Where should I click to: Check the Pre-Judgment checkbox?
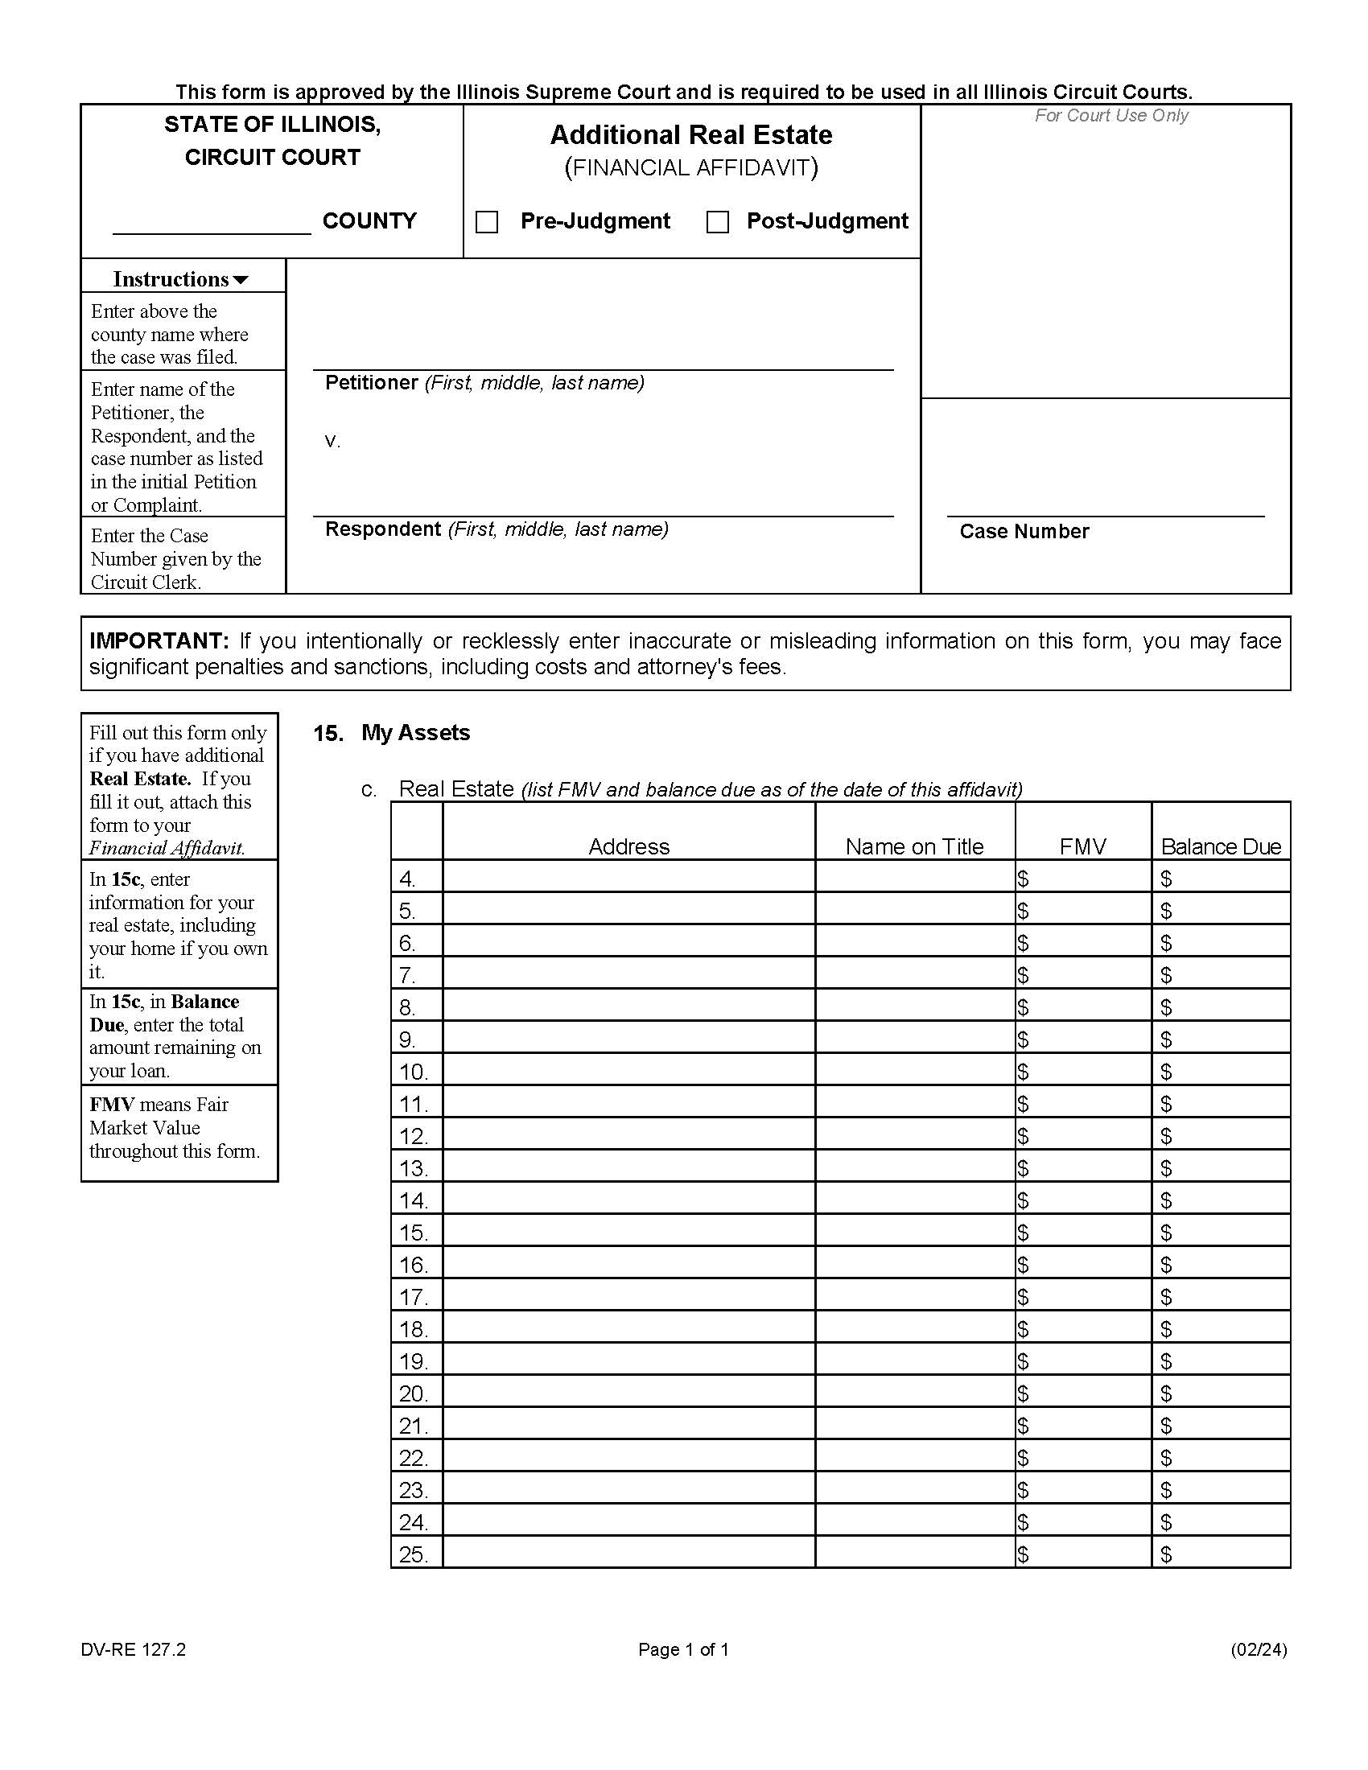(x=486, y=222)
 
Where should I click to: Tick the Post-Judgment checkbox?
(x=717, y=222)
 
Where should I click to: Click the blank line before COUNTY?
(x=212, y=224)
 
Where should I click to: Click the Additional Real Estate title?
(x=690, y=134)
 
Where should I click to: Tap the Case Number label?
(x=1024, y=532)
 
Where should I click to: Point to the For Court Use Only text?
(x=1110, y=116)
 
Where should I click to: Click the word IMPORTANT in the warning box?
(x=159, y=641)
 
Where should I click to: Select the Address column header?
(x=628, y=846)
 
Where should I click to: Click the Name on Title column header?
(x=913, y=846)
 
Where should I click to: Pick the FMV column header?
(x=1082, y=846)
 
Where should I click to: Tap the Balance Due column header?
(x=1221, y=846)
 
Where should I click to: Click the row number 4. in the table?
(x=408, y=878)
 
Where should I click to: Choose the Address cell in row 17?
(x=628, y=1297)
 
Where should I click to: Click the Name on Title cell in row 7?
(x=914, y=974)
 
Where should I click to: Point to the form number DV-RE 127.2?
(x=133, y=1649)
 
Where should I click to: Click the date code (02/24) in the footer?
(x=1258, y=1649)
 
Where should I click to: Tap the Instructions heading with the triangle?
(x=180, y=280)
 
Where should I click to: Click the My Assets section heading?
(x=415, y=733)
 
